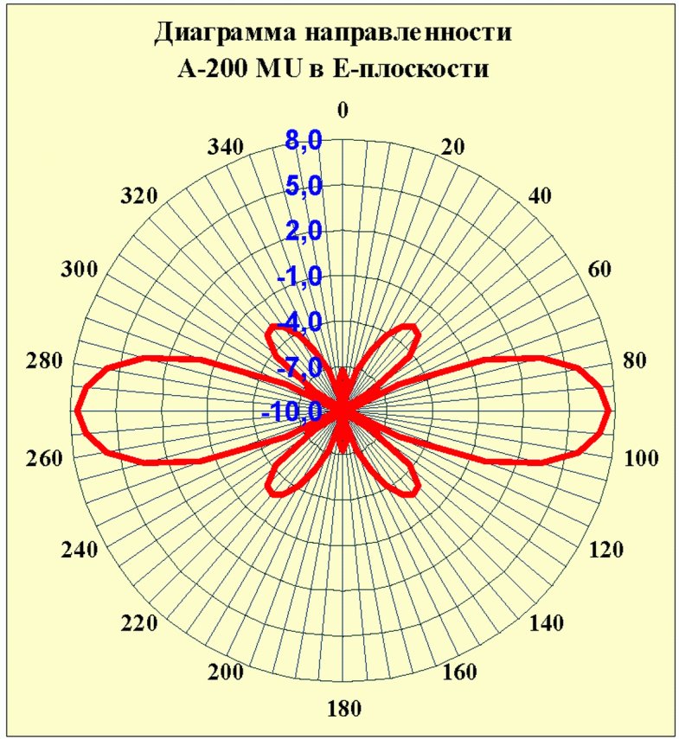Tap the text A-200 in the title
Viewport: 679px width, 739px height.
click(x=214, y=69)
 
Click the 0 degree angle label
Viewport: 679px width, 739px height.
click(x=343, y=110)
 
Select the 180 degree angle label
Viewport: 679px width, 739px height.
click(x=343, y=709)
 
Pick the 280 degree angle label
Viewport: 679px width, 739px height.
click(x=44, y=360)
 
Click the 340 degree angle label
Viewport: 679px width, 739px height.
click(x=226, y=148)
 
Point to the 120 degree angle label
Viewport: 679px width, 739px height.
click(x=606, y=550)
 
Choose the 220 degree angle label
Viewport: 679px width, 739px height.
click(x=138, y=623)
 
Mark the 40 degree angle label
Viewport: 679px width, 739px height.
click(x=540, y=195)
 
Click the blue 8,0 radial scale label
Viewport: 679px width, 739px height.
click(x=304, y=140)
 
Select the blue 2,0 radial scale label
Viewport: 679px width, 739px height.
click(x=304, y=231)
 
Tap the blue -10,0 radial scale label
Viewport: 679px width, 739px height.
click(x=291, y=412)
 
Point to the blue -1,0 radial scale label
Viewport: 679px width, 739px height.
click(x=300, y=277)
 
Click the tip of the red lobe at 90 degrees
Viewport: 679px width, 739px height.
click(x=611, y=411)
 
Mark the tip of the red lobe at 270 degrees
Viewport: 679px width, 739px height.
click(x=76, y=411)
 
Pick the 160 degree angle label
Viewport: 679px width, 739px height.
click(x=460, y=672)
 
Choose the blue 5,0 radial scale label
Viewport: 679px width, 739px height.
click(x=304, y=186)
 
